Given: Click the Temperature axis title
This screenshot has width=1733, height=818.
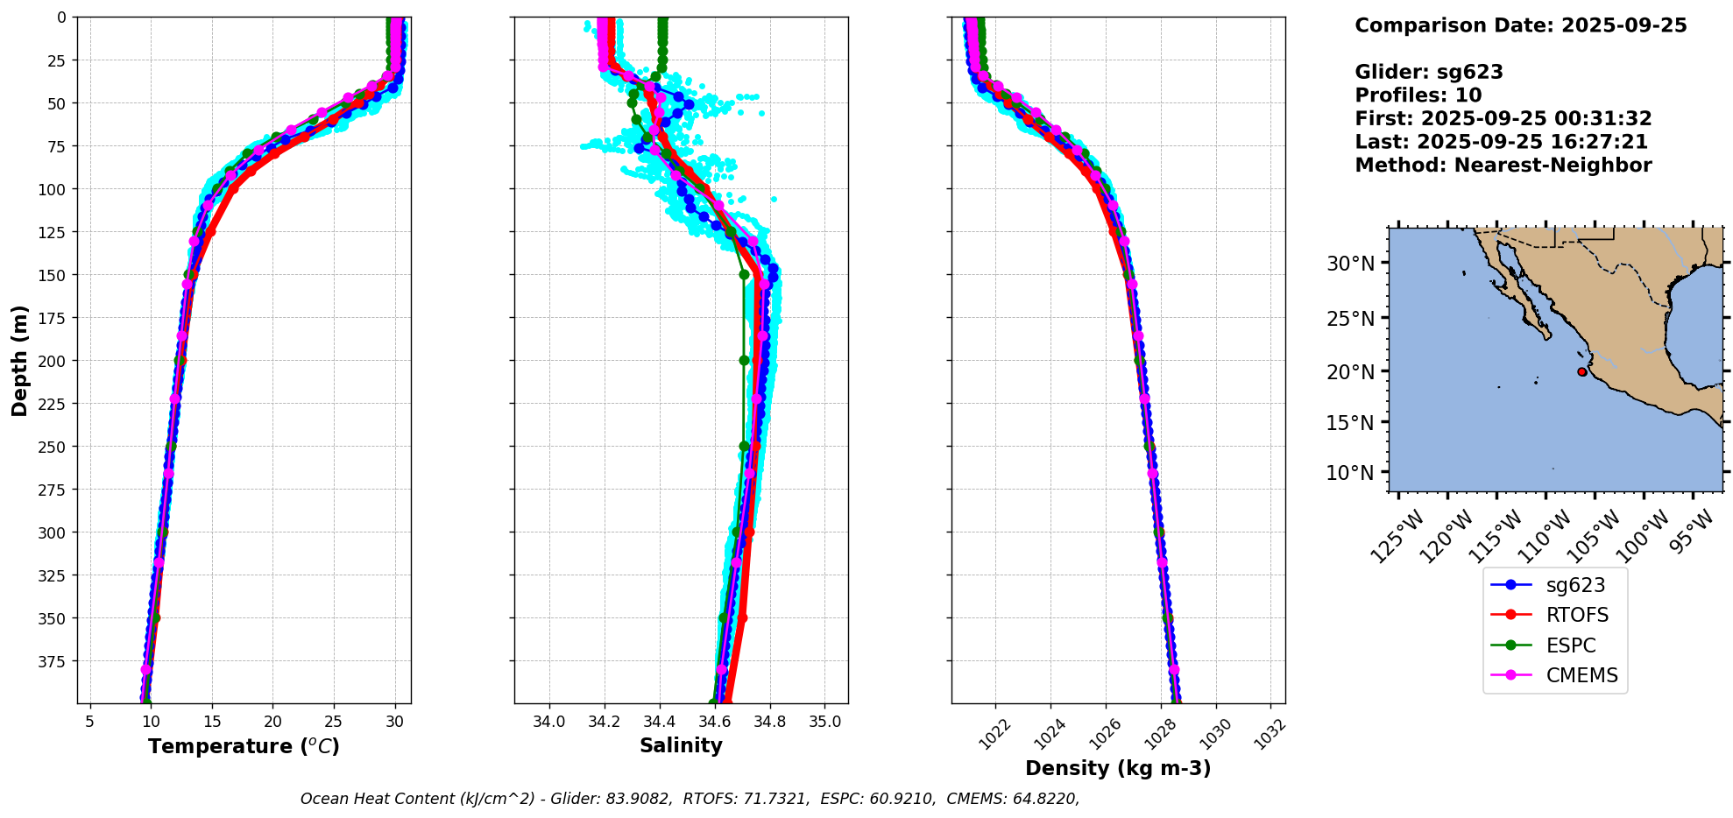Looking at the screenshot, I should pyautogui.click(x=244, y=746).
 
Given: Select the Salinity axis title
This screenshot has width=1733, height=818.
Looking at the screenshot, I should pyautogui.click(x=681, y=746).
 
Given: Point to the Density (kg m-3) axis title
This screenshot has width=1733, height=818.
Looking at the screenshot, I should pyautogui.click(x=1118, y=768).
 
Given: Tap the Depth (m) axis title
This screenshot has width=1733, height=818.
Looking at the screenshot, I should pyautogui.click(x=19, y=360).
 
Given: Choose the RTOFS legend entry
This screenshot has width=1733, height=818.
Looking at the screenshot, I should pyautogui.click(x=1576, y=615).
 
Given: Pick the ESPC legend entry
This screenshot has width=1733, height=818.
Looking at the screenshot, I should pyautogui.click(x=1570, y=645).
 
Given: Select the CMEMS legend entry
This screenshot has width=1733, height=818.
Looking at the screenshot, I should pyautogui.click(x=1581, y=675).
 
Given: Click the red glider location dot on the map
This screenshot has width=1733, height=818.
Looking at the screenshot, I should pyautogui.click(x=1581, y=372).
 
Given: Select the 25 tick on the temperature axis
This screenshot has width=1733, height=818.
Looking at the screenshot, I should pyautogui.click(x=334, y=722).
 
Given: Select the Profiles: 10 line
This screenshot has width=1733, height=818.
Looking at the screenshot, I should pyautogui.click(x=1418, y=95).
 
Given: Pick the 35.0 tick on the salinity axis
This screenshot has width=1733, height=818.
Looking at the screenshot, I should pyautogui.click(x=824, y=722).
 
